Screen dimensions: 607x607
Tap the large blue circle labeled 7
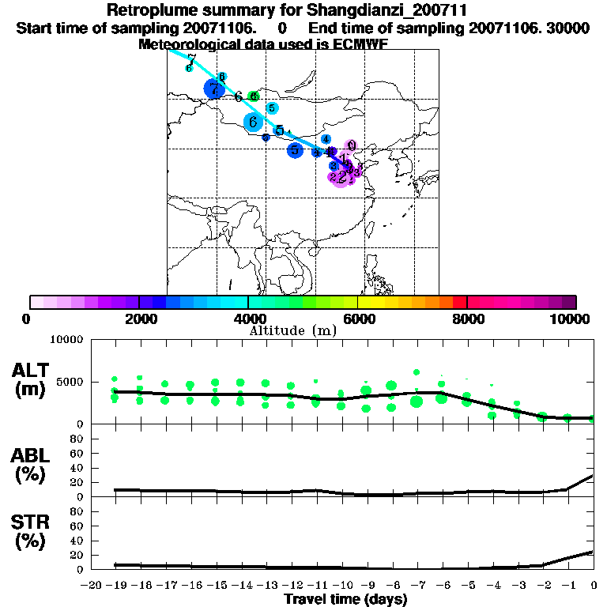coord(213,89)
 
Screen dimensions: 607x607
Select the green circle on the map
coord(254,96)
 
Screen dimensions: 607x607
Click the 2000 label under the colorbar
coord(138,319)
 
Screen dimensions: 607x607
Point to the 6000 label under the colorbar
coord(357,319)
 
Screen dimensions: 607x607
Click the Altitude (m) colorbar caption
coord(292,330)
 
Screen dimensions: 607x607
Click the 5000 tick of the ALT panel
coord(68,383)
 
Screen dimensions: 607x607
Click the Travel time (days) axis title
coord(345,599)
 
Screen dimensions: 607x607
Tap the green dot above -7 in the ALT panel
coord(417,372)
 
